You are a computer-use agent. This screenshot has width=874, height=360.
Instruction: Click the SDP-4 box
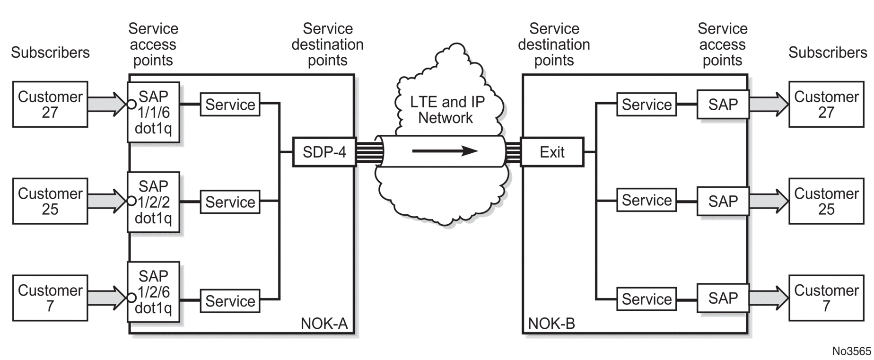coord(324,152)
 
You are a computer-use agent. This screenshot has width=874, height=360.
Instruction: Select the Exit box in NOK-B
coord(552,152)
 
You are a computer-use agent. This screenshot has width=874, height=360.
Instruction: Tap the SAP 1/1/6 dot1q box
coord(153,112)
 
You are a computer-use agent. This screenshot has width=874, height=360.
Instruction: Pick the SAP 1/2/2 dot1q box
coord(153,202)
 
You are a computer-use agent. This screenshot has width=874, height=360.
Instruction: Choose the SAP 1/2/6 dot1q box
coord(153,292)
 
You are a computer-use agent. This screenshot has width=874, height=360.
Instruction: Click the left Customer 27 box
coord(50,104)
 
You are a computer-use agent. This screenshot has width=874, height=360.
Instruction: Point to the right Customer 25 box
coord(826,201)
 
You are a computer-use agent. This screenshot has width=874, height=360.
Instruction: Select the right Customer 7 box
coord(826,298)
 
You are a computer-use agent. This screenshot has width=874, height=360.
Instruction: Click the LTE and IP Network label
coord(446,110)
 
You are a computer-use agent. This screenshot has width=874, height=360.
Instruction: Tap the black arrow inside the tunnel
coord(445,151)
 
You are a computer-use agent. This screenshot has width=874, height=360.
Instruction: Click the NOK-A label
coord(324,324)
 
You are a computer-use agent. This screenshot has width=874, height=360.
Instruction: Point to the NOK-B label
coord(551,324)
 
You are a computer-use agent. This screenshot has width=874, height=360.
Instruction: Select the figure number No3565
coord(851,351)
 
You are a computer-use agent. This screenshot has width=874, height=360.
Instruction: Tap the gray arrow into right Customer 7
coord(769,298)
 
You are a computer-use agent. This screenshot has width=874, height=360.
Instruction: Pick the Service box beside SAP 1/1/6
coord(230,105)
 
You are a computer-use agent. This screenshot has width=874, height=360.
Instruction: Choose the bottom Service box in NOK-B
coord(646,299)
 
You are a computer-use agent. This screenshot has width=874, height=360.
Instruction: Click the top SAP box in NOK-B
coord(723,105)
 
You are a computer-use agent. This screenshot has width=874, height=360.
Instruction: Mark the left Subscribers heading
coord(50,53)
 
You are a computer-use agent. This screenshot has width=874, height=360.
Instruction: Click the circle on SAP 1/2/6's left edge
coord(131,298)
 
